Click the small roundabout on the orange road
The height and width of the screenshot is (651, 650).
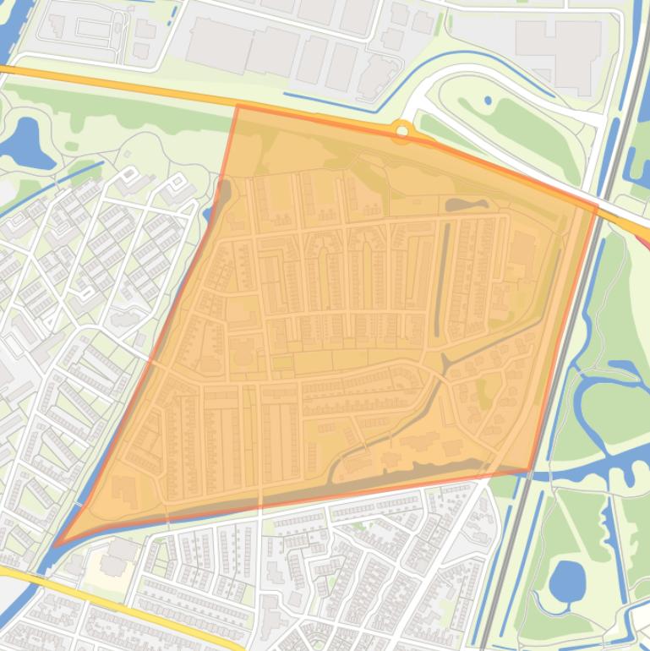click(402, 130)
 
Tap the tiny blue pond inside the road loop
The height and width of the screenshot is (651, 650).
click(488, 101)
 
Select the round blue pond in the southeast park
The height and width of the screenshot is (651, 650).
click(566, 580)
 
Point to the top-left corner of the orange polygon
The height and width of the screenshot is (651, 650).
click(238, 107)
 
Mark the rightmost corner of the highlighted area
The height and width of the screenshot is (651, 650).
click(597, 205)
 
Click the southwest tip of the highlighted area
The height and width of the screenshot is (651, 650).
click(56, 545)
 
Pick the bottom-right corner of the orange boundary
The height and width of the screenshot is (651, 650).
click(530, 471)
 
